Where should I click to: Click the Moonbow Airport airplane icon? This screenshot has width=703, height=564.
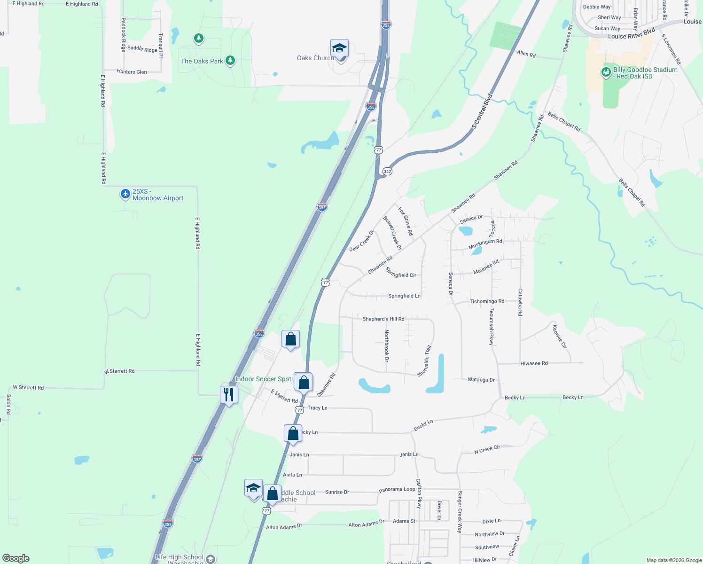125,194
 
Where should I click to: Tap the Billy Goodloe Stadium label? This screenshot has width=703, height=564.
645,73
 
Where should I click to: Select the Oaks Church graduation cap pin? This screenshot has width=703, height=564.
339,48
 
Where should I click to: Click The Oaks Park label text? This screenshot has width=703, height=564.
202,61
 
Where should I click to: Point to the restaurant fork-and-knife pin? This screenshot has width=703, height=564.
229,394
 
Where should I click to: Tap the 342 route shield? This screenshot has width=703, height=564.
387,172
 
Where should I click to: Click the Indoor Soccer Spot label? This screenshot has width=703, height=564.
263,379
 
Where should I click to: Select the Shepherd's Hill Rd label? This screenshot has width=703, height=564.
383,319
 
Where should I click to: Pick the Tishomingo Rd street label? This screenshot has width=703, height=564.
487,301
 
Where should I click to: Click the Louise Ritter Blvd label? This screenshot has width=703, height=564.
631,34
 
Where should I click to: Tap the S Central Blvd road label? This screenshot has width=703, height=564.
482,111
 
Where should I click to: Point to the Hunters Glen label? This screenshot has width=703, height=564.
132,72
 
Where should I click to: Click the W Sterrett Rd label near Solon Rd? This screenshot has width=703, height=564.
28,388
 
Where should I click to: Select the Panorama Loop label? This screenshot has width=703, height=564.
397,490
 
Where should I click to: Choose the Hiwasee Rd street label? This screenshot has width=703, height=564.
534,363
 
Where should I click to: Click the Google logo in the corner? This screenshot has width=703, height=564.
16,558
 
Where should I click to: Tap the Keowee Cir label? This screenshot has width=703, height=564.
559,337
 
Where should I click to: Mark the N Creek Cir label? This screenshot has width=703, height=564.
487,450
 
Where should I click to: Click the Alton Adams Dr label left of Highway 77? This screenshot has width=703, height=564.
284,527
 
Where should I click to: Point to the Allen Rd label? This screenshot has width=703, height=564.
526,54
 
